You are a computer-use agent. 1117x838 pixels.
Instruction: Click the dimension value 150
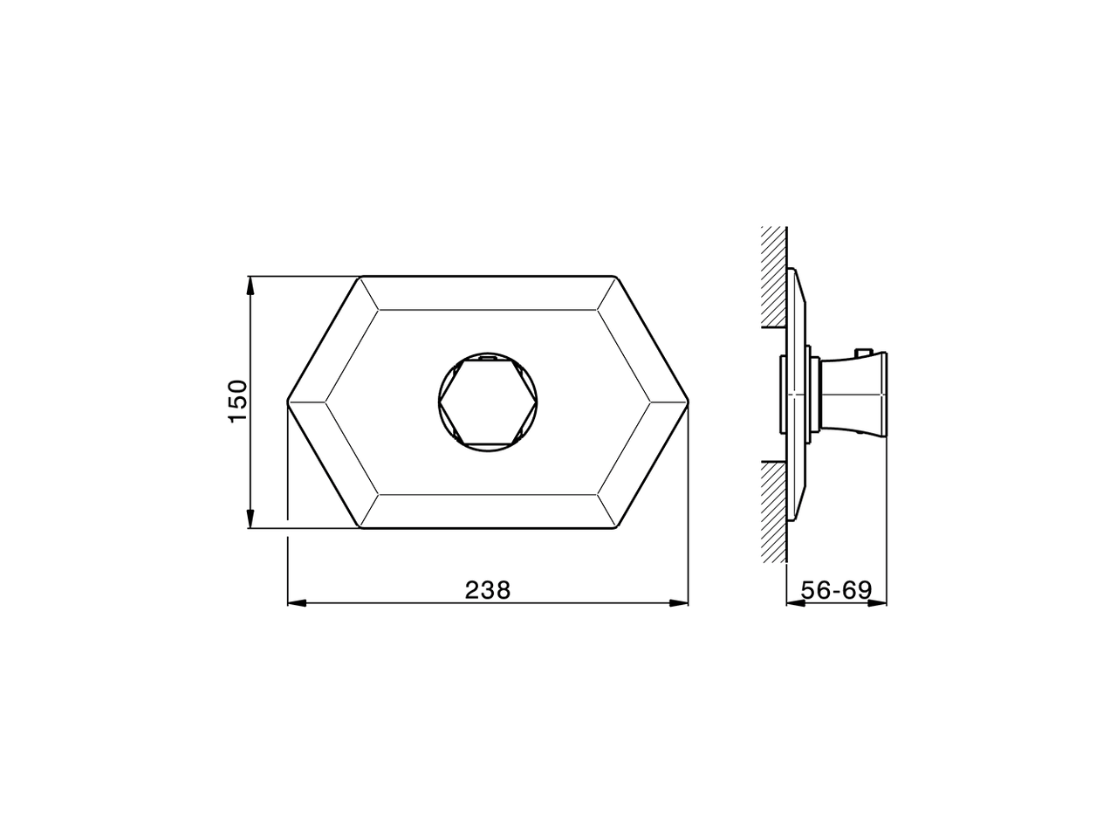click(x=238, y=402)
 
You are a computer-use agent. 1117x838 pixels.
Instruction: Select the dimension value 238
click(x=487, y=590)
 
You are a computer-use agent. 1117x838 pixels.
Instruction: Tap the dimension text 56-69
click(x=836, y=590)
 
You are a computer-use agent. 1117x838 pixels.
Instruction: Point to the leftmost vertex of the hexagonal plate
click(x=288, y=402)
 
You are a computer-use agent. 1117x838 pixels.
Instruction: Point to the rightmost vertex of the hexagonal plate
click(x=689, y=402)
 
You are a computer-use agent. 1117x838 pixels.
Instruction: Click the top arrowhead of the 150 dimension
click(x=250, y=284)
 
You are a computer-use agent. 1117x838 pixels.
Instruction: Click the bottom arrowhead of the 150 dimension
click(x=250, y=520)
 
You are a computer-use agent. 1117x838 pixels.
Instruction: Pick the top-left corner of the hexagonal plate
click(x=360, y=278)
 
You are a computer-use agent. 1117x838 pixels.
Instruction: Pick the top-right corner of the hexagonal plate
click(x=617, y=278)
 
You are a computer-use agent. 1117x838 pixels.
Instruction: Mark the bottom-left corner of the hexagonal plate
click(x=360, y=528)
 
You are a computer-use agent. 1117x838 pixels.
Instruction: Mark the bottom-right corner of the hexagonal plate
click(x=617, y=528)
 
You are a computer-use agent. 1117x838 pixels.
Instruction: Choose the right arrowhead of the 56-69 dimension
click(x=882, y=602)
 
